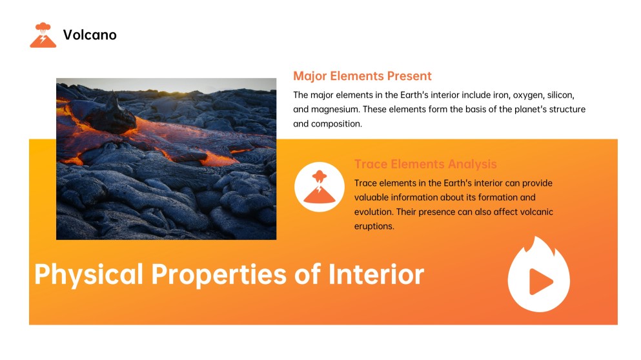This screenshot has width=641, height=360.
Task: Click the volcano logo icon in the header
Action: (x=43, y=35)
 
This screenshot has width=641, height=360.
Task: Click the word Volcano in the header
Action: (x=90, y=35)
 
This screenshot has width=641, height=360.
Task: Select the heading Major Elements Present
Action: (x=362, y=76)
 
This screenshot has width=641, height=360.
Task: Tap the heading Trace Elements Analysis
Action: (x=425, y=165)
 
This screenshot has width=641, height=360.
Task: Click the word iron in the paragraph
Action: (x=501, y=94)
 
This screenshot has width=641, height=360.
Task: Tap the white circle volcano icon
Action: (x=319, y=187)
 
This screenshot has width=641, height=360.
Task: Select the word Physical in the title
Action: (x=89, y=274)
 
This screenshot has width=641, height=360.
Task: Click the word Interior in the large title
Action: (x=376, y=274)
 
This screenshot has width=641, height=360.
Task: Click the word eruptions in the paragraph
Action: (x=374, y=226)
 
